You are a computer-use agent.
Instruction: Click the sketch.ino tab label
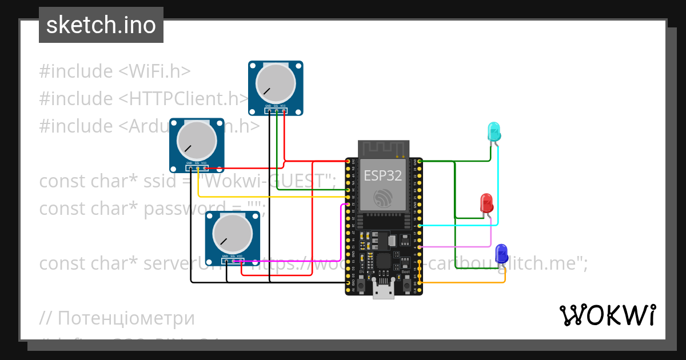pyautogui.click(x=101, y=25)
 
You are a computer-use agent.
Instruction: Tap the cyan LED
pyautogui.click(x=493, y=132)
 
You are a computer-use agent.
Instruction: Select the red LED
pyautogui.click(x=486, y=203)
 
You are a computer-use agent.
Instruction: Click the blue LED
pyautogui.click(x=501, y=253)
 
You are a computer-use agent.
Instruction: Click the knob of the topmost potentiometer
pyautogui.click(x=275, y=83)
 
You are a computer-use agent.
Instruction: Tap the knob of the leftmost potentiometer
pyautogui.click(x=197, y=141)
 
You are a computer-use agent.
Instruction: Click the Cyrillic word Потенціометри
pyautogui.click(x=126, y=318)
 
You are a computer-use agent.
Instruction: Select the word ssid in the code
pyautogui.click(x=160, y=181)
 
